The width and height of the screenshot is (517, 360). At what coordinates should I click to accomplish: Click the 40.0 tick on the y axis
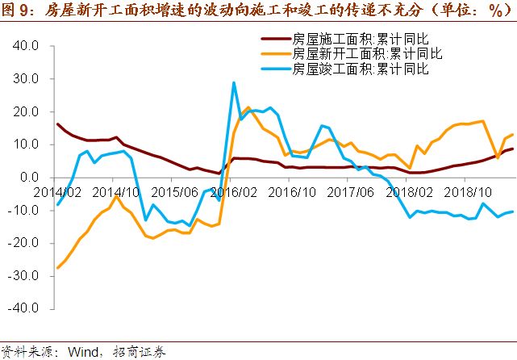click(26, 46)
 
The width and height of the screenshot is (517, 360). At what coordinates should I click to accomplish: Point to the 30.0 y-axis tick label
click(26, 79)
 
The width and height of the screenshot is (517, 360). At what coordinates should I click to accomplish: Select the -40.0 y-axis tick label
click(24, 308)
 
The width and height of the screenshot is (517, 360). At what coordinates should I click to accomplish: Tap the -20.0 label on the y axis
click(24, 243)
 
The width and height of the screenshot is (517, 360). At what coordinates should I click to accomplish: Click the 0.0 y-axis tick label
click(29, 178)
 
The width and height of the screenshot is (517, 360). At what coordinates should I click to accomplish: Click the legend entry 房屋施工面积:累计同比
click(352, 38)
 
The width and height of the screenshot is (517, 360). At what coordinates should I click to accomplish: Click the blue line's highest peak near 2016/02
click(234, 82)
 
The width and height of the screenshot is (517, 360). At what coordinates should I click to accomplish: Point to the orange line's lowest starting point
click(57, 267)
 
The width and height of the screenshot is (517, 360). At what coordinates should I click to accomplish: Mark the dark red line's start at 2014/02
click(57, 124)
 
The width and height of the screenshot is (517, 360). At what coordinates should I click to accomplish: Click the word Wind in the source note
click(84, 352)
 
